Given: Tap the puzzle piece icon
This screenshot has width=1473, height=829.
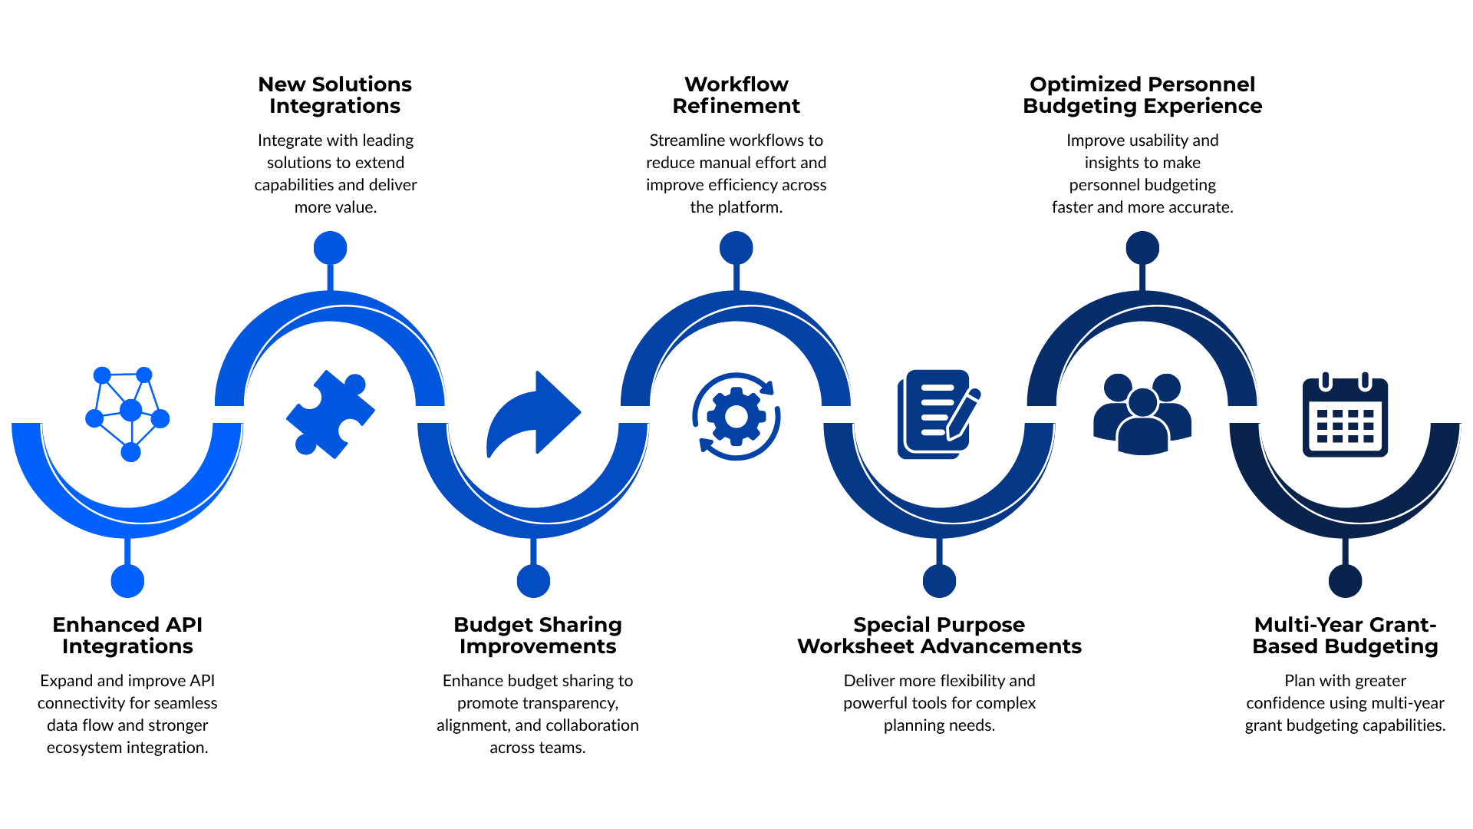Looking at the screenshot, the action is pyautogui.click(x=331, y=414).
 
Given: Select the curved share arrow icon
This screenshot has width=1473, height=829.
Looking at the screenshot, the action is pyautogui.click(x=534, y=414).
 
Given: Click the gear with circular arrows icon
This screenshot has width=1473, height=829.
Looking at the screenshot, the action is pyautogui.click(x=736, y=416).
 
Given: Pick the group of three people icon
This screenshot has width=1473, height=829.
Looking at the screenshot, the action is pyautogui.click(x=1142, y=414).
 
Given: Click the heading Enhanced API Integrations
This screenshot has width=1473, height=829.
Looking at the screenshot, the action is pyautogui.click(x=127, y=636).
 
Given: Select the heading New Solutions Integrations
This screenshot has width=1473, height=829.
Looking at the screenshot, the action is pyautogui.click(x=335, y=95).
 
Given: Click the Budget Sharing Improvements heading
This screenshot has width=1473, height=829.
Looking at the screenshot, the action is pyautogui.click(x=538, y=636).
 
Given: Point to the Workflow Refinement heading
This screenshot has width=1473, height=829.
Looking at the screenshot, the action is pyautogui.click(x=736, y=95).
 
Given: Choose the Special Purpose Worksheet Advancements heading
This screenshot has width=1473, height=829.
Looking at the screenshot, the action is pyautogui.click(x=940, y=636).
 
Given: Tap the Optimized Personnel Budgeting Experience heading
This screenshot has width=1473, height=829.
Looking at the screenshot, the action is pyautogui.click(x=1142, y=95).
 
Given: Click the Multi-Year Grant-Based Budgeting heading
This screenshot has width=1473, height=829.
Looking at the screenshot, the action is pyautogui.click(x=1346, y=636).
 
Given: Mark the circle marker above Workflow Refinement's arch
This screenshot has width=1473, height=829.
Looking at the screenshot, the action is pyautogui.click(x=736, y=248).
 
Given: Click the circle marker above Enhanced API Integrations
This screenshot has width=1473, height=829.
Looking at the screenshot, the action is pyautogui.click(x=127, y=581).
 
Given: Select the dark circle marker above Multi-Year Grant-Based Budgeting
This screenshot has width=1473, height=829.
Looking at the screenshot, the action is pyautogui.click(x=1346, y=581).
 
